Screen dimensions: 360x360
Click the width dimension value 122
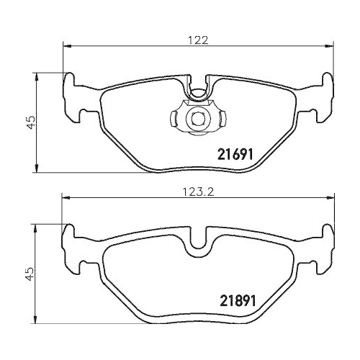(199, 40)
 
